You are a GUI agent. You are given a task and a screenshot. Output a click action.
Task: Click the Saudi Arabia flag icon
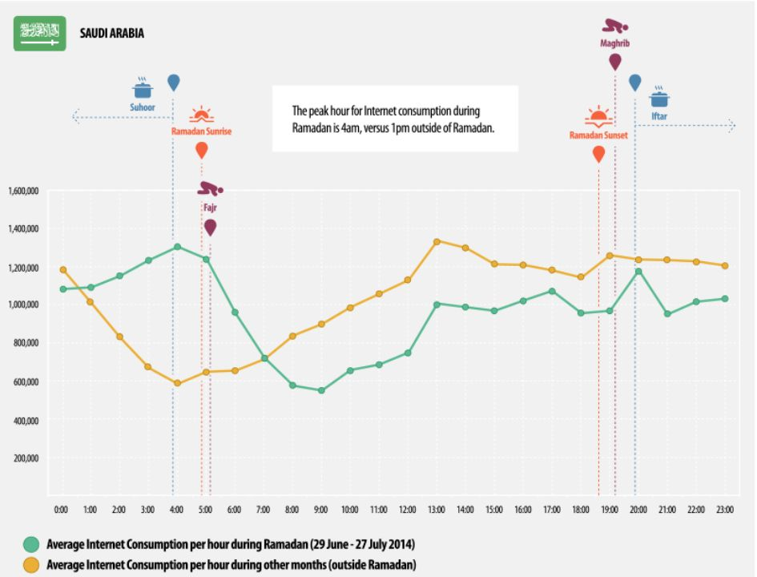click(x=40, y=33)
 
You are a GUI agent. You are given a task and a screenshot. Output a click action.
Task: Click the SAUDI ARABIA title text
click(x=112, y=34)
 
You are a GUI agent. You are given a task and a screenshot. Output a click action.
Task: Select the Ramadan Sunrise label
click(x=201, y=131)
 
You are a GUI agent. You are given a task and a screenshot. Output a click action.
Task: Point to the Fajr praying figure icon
click(x=211, y=189)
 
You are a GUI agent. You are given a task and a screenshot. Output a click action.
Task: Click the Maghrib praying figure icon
click(x=615, y=26)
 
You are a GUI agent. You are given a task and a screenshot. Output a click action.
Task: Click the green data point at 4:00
click(x=177, y=247)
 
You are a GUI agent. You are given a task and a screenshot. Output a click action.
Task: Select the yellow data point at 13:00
click(x=437, y=241)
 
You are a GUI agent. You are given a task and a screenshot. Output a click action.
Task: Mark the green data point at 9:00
click(x=321, y=390)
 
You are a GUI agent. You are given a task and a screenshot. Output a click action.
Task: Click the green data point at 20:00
click(x=638, y=272)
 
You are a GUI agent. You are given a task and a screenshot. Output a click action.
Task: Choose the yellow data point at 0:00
click(x=62, y=270)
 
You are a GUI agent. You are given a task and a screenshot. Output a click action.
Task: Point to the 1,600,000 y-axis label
click(x=24, y=191)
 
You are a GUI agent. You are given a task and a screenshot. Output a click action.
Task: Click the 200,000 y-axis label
click(x=28, y=458)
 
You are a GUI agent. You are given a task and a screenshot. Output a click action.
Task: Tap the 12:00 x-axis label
click(x=408, y=510)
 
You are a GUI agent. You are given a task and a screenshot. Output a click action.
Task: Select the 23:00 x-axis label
click(x=725, y=510)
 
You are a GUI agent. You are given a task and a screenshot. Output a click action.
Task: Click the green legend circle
click(x=30, y=545)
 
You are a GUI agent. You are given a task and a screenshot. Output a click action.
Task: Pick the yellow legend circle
click(x=30, y=565)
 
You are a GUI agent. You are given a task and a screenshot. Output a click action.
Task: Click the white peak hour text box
click(x=395, y=119)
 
